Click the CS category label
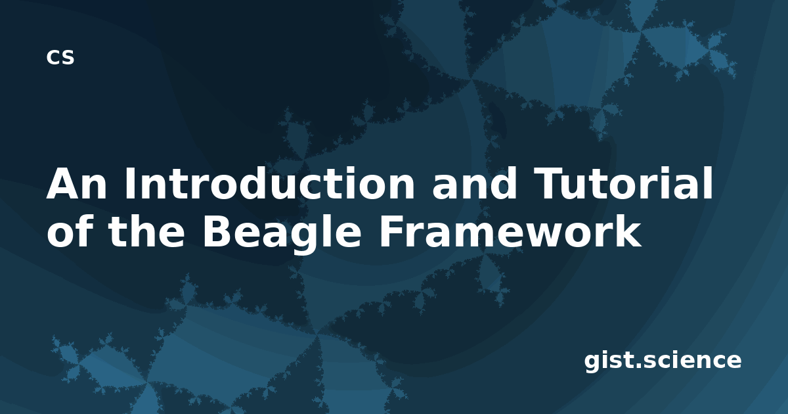click(60, 57)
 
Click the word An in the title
click(76, 183)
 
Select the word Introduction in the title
click(270, 183)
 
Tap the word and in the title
click(474, 183)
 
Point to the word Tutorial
click(623, 183)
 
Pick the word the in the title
click(146, 231)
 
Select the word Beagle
click(282, 233)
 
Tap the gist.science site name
click(663, 361)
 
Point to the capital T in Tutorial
click(548, 183)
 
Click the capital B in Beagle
click(216, 231)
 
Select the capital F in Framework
click(391, 231)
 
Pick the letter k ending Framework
click(630, 231)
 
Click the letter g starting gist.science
click(593, 363)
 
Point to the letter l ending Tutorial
click(709, 183)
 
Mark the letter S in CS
click(68, 57)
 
